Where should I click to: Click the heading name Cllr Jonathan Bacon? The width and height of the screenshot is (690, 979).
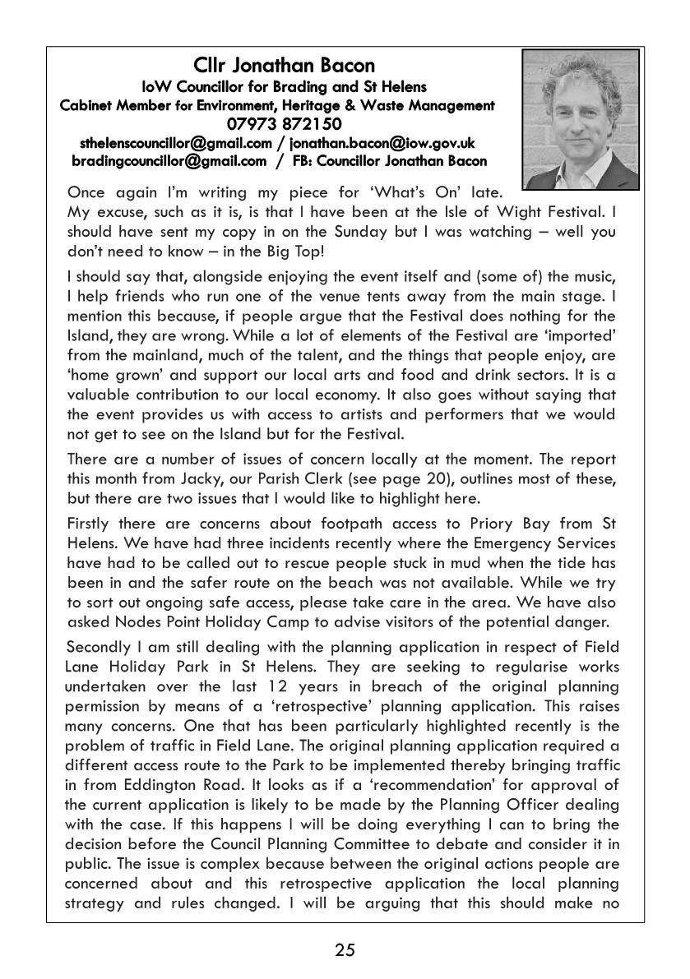(284, 65)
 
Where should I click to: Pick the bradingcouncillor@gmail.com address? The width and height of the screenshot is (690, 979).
(169, 161)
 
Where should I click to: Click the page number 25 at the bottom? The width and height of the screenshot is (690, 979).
(345, 951)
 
